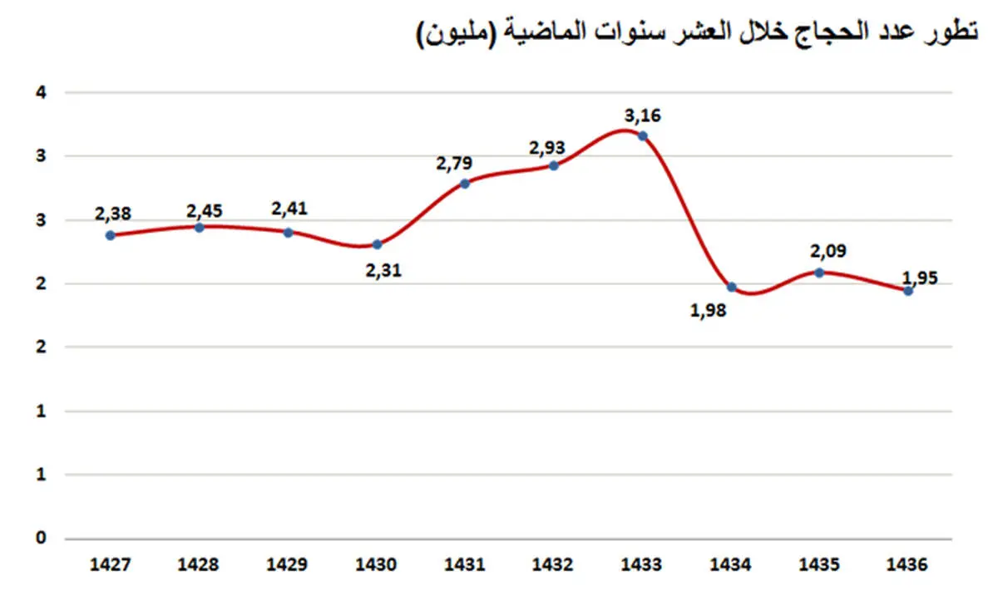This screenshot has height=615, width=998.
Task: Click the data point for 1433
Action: click(x=642, y=135)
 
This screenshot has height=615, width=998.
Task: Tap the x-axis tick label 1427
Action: click(x=110, y=563)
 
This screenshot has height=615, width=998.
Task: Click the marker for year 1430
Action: click(x=377, y=244)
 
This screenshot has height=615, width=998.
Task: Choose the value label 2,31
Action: click(x=383, y=270)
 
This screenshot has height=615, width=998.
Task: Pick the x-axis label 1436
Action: click(x=907, y=563)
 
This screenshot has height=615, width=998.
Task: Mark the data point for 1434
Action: click(x=731, y=287)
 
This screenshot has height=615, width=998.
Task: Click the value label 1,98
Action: click(x=708, y=312)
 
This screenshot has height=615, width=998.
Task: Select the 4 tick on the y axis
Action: click(x=39, y=91)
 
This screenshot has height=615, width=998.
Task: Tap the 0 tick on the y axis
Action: click(x=39, y=538)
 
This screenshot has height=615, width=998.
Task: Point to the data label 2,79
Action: click(x=453, y=164)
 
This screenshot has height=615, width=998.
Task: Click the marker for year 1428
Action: click(x=199, y=227)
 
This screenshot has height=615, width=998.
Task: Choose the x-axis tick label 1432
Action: click(x=553, y=563)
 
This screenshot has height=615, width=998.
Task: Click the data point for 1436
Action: click(x=908, y=291)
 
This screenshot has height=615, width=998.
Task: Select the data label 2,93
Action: click(x=546, y=148)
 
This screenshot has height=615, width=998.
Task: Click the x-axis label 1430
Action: click(x=376, y=563)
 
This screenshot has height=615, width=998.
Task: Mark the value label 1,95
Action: click(x=919, y=278)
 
